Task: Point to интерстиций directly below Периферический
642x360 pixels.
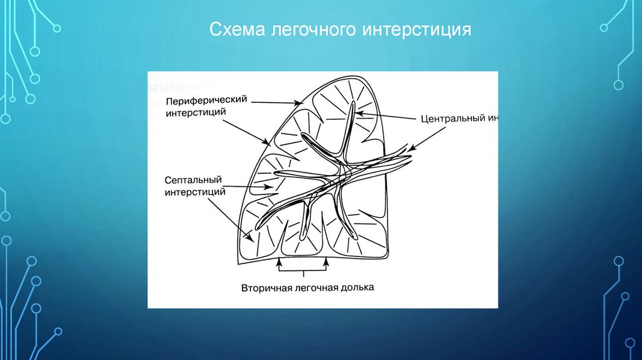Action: [x=195, y=112]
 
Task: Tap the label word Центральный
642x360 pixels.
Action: [x=450, y=117]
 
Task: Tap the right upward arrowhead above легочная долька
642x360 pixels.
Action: [x=327, y=264]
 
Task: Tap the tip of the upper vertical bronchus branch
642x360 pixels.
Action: [x=352, y=102]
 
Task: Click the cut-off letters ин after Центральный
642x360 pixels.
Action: [x=493, y=117]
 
